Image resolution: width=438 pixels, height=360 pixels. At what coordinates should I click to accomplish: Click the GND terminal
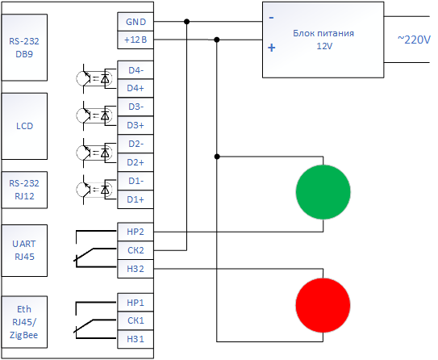tap(136, 22)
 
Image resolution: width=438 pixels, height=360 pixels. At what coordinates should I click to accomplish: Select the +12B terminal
tap(136, 40)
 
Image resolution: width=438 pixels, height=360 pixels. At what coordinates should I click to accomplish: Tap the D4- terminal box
tap(136, 70)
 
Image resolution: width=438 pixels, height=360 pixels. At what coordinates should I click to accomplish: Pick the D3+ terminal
tap(136, 125)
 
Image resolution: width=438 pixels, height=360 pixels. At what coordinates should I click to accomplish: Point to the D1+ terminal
tap(136, 199)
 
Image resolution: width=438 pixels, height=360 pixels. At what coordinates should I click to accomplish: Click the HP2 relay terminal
tap(136, 232)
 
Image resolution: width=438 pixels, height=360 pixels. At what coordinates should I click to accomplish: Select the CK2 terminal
tap(136, 250)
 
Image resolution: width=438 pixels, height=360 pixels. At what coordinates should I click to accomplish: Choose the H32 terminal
tap(136, 269)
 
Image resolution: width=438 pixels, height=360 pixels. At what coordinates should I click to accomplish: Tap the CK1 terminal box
tap(136, 320)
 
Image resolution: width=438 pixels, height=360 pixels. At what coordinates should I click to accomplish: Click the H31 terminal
tap(136, 339)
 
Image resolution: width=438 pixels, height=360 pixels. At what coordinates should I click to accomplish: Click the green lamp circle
tap(323, 192)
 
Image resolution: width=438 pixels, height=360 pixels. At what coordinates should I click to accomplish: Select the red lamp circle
tap(323, 305)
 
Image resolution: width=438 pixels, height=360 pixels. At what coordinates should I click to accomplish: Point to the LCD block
tap(24, 126)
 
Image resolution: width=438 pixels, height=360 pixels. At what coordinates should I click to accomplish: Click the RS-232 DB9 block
tap(24, 48)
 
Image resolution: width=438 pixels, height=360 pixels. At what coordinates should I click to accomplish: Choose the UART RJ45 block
tap(24, 250)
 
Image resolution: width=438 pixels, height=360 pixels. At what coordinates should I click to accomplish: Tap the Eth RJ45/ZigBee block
tap(24, 322)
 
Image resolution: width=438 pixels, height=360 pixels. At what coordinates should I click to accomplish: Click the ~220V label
tap(414, 40)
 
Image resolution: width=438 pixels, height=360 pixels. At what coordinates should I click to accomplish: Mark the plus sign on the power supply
tap(272, 48)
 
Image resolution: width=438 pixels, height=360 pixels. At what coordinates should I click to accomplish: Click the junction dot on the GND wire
tap(187, 22)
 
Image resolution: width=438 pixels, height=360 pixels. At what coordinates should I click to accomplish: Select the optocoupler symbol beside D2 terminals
tap(94, 153)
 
